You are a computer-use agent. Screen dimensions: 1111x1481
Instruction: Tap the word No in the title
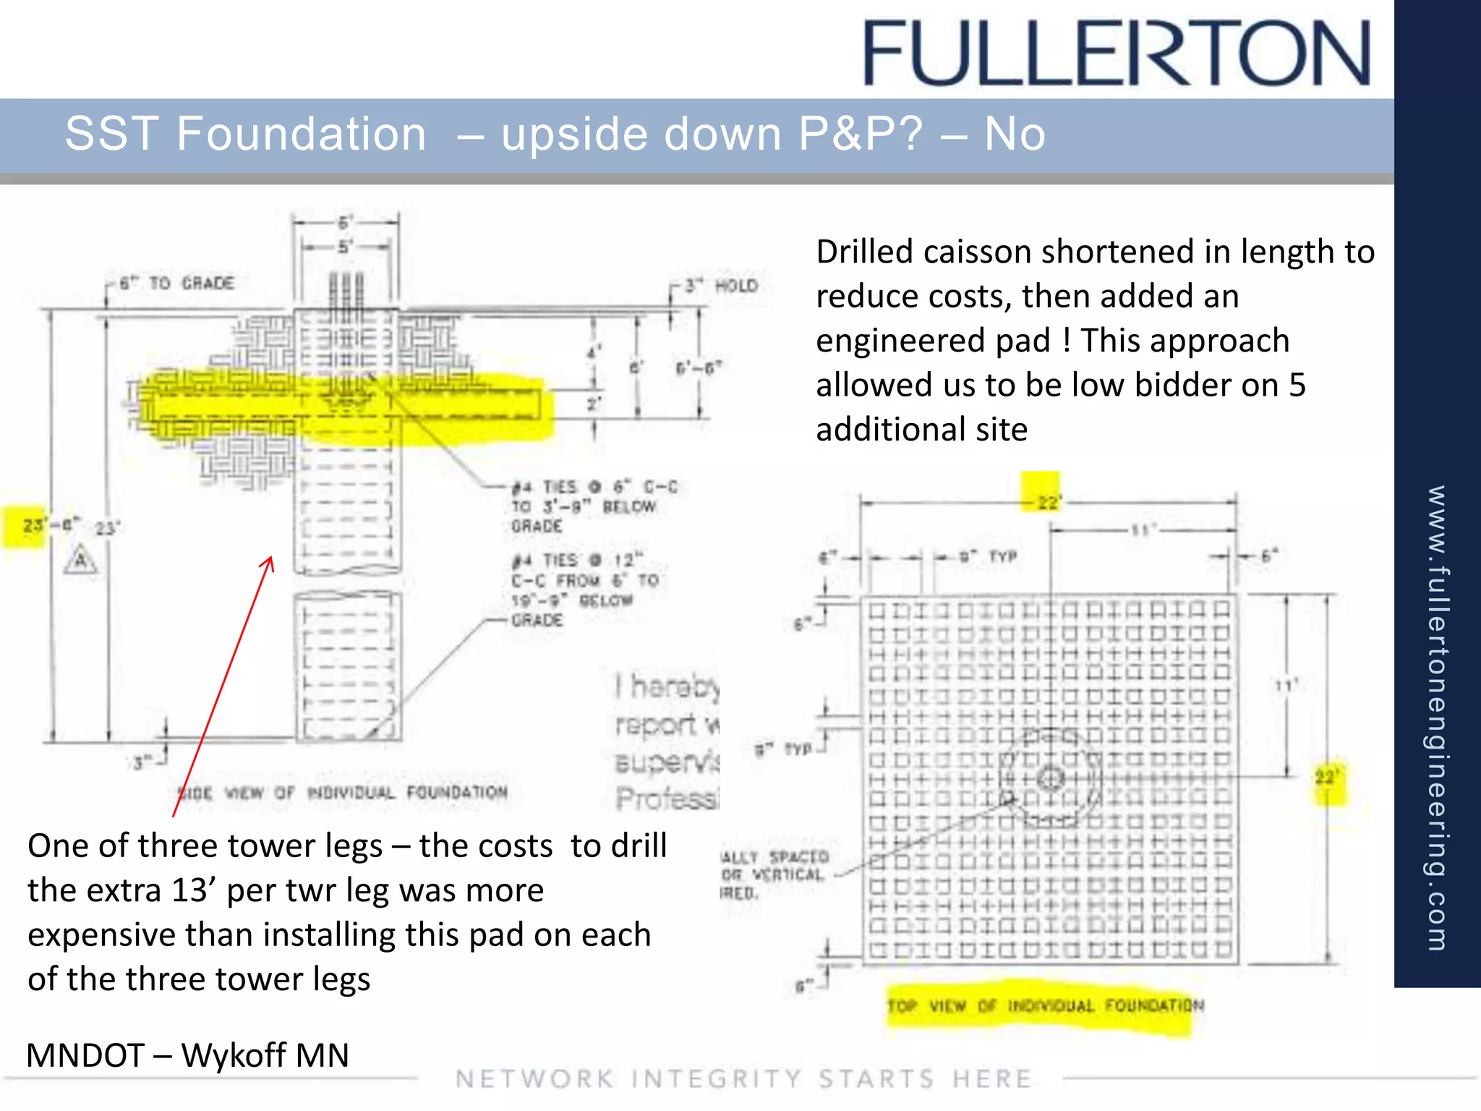pyautogui.click(x=1014, y=135)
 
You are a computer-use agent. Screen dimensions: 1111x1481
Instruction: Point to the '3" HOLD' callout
pyautogui.click(x=721, y=286)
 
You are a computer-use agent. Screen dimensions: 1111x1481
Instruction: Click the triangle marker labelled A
pyautogui.click(x=80, y=561)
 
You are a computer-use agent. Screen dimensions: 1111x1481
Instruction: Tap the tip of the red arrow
pyautogui.click(x=271, y=558)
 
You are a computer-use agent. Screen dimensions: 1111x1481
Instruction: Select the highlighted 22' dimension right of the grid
pyautogui.click(x=1327, y=779)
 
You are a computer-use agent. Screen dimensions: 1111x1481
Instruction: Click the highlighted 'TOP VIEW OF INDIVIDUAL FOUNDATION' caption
pyautogui.click(x=1045, y=1006)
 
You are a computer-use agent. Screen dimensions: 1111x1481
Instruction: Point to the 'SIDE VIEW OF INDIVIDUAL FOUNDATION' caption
pyautogui.click(x=342, y=793)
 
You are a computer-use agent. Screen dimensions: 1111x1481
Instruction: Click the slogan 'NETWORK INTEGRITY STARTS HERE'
pyautogui.click(x=743, y=1079)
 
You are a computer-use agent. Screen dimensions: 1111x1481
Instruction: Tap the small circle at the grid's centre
pyautogui.click(x=1050, y=779)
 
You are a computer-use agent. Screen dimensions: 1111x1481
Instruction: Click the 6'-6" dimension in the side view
pyautogui.click(x=698, y=368)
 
